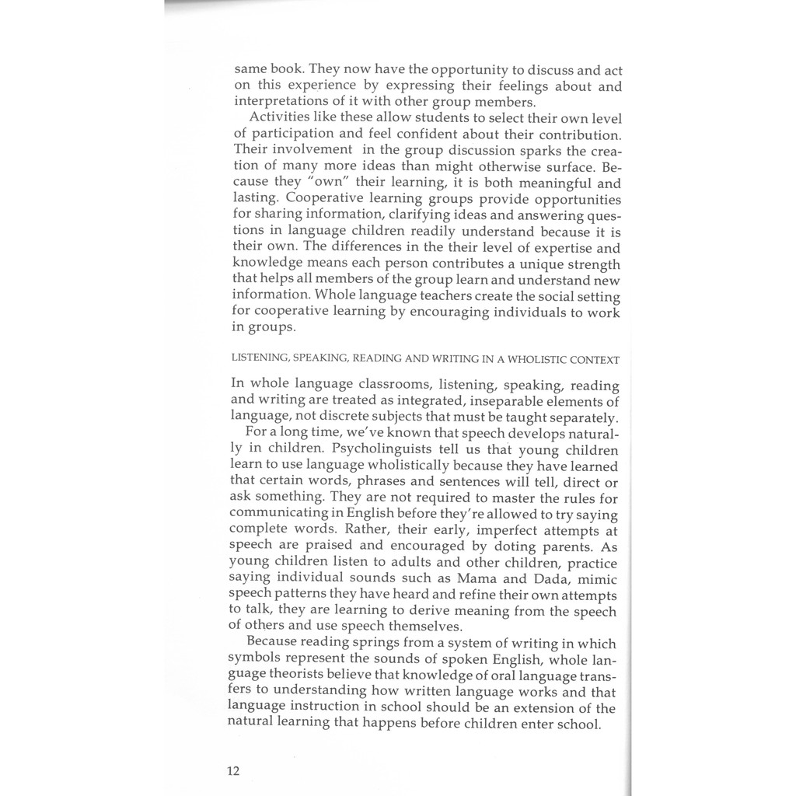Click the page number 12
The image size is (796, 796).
click(x=233, y=771)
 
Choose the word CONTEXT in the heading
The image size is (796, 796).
click(x=595, y=360)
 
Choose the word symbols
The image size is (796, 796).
click(x=253, y=659)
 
